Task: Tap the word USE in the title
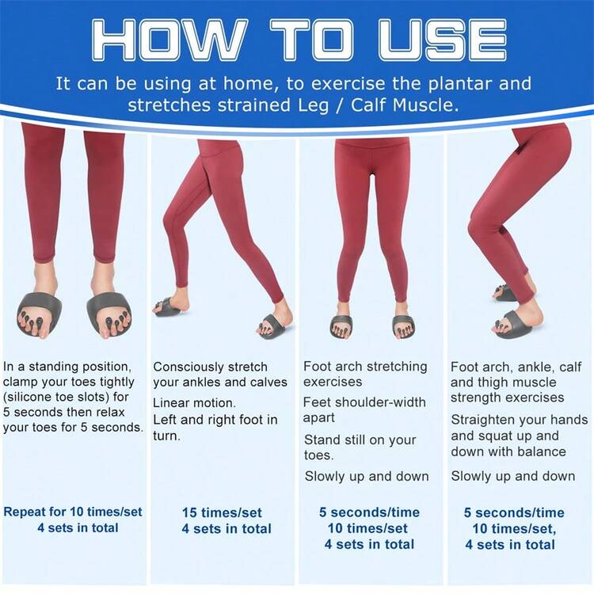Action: [x=442, y=40]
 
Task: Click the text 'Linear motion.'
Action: [x=194, y=402]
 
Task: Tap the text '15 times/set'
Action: [x=222, y=512]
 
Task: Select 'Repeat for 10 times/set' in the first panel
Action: [x=73, y=512]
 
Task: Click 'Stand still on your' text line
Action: [x=360, y=440]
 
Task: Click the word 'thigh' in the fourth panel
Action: [x=494, y=383]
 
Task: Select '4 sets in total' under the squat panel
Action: [x=510, y=545]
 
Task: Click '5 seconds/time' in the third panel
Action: [x=369, y=512]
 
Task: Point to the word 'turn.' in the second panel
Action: [x=166, y=436]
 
